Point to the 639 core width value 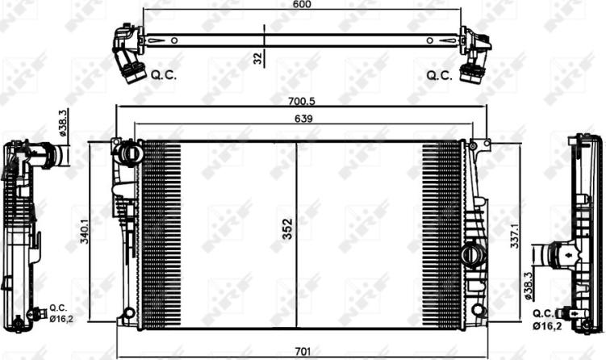(303, 118)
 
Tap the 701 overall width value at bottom (303, 352)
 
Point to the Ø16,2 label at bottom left (62, 317)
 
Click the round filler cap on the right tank (470, 254)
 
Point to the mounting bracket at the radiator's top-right (481, 148)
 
